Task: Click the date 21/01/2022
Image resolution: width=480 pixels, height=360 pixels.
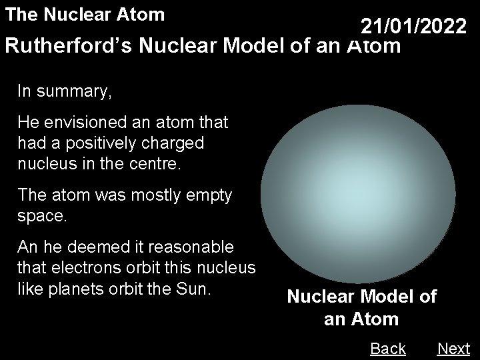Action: coord(413,27)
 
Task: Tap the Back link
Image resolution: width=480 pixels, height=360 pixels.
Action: coord(387,348)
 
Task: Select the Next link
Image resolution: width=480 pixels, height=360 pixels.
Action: coord(453,348)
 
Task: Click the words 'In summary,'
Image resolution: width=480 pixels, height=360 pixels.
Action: coord(65,91)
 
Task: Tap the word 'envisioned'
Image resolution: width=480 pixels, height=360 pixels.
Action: coord(83,123)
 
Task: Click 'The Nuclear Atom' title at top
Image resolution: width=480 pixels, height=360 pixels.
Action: coord(84,13)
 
